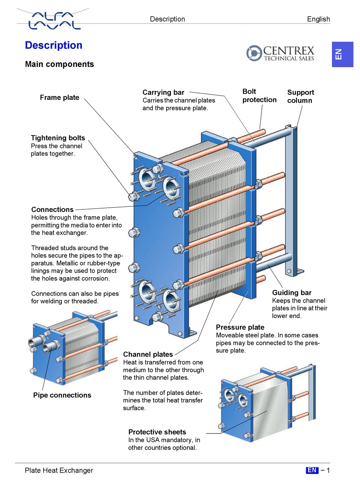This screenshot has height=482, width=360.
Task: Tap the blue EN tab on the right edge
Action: pos(342,54)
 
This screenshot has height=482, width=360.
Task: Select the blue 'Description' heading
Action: pos(53,45)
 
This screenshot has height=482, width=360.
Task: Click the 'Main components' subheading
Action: pos(59,64)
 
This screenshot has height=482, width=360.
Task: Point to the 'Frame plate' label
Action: pos(59,98)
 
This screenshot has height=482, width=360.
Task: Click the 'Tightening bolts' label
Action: pos(58,138)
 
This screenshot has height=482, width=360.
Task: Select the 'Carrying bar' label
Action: pos(163,92)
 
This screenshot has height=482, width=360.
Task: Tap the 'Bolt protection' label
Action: pos(259,95)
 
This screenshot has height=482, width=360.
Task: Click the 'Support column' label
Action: pos(300,97)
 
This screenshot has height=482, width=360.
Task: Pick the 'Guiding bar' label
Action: pos(291,293)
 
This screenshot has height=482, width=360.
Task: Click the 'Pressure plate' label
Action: pos(240,327)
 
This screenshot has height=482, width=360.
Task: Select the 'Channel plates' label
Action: pos(148,354)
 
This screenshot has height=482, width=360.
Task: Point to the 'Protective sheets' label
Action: pos(157,432)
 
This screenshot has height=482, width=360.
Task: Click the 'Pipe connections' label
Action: pos(62,395)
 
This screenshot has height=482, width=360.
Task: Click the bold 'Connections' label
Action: pos(52,209)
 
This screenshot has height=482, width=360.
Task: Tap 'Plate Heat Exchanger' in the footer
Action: pos(59,471)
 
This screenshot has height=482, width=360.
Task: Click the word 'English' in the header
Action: pos(318,19)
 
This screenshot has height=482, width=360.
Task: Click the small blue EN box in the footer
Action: pos(312,470)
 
